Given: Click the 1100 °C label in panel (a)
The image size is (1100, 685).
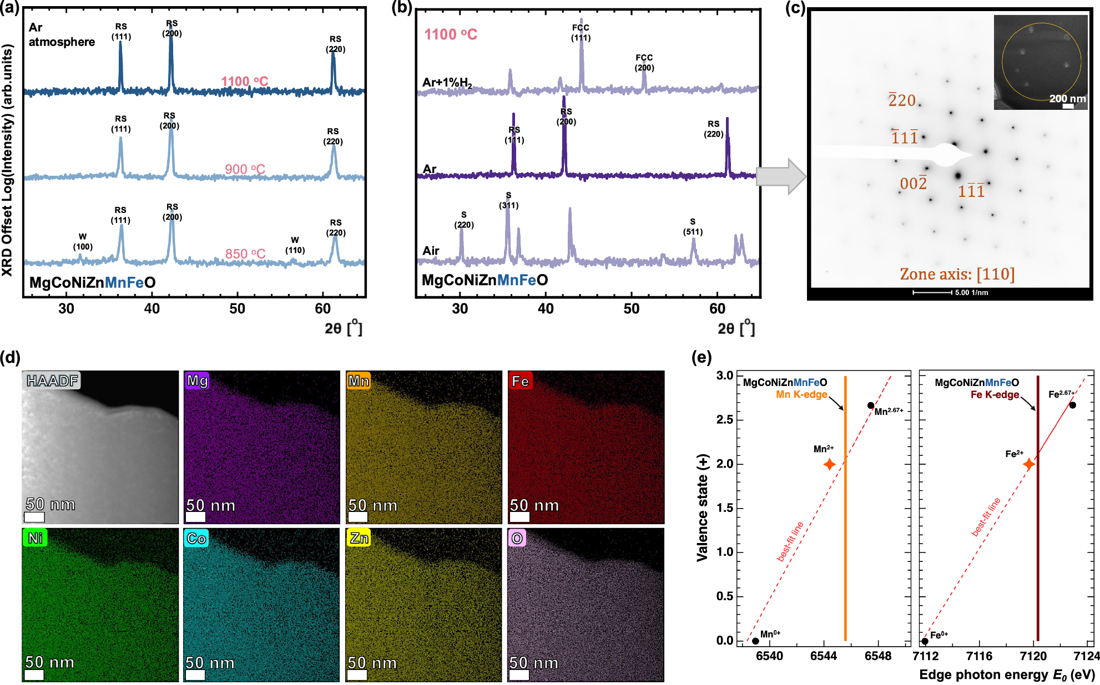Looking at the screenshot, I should click(x=244, y=82).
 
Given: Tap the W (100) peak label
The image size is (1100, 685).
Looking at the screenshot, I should click(x=83, y=242).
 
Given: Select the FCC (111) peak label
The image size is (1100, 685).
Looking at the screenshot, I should click(x=581, y=33).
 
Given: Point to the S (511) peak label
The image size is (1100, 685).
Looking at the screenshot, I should click(x=693, y=227).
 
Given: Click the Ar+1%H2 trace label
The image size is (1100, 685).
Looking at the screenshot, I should click(x=447, y=83).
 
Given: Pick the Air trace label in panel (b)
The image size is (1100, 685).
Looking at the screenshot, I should click(x=431, y=251).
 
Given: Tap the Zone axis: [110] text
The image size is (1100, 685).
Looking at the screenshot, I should click(x=957, y=274).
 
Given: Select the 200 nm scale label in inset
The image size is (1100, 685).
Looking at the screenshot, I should click(x=1067, y=99).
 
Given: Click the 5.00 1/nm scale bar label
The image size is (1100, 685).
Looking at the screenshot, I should click(x=971, y=293).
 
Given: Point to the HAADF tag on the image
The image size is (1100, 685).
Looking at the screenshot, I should click(x=52, y=380).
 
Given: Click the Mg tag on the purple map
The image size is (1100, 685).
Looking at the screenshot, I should click(x=197, y=380).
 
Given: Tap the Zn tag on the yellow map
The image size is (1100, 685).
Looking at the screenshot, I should click(x=359, y=538).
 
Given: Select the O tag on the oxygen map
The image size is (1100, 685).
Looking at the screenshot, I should click(x=517, y=538).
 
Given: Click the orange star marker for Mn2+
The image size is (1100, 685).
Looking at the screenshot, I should click(x=829, y=464).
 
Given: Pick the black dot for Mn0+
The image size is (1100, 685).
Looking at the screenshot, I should click(x=755, y=641).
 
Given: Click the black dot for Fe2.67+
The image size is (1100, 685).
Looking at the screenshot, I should click(x=1072, y=405).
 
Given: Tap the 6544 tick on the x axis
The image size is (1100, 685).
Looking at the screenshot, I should click(x=823, y=656).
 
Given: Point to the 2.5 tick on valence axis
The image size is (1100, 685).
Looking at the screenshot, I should click(x=724, y=420).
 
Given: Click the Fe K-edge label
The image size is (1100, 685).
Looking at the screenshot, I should click(x=995, y=394).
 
